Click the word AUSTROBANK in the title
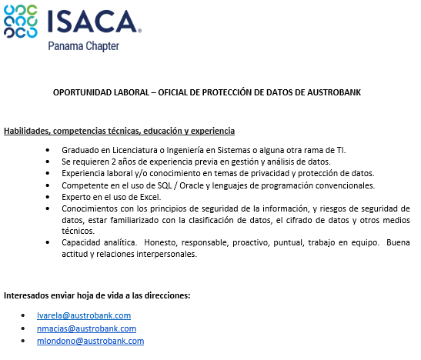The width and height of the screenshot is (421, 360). coord(339,93)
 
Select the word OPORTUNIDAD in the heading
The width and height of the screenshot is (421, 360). coord(82,93)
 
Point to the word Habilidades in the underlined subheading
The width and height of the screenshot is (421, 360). coord(28,131)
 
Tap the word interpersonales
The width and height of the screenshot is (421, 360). coord(159,255)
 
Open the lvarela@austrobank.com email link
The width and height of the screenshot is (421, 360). coord(84,315)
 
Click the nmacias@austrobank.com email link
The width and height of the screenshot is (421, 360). coord(86,328)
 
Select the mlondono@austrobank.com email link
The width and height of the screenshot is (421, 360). coord(90,341)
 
